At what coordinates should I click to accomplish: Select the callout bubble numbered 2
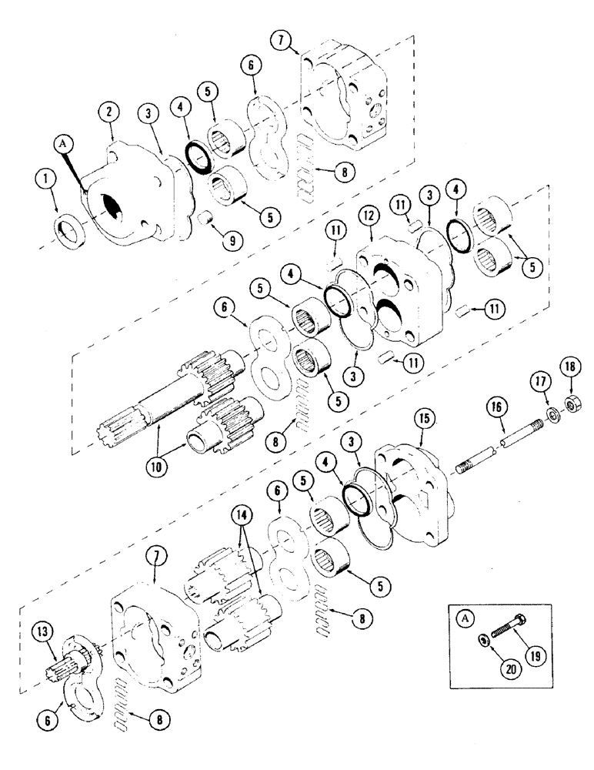[111, 114]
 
